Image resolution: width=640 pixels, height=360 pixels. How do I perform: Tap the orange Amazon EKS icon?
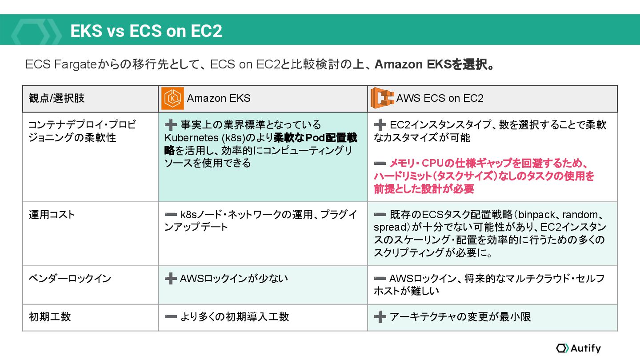172,99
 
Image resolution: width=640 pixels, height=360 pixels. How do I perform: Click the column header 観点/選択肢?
56,98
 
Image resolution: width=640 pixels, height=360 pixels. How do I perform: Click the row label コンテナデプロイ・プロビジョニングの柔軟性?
82,131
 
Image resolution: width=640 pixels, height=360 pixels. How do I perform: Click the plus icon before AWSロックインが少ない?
171,279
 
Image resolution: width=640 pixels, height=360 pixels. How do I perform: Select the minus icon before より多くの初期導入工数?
171,317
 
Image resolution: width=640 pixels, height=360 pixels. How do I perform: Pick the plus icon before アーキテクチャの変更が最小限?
380,317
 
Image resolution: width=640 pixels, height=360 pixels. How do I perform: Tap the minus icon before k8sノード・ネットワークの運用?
171,215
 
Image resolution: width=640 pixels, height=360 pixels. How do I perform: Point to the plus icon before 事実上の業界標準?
171,125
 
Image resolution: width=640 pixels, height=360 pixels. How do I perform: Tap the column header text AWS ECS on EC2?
440,98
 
